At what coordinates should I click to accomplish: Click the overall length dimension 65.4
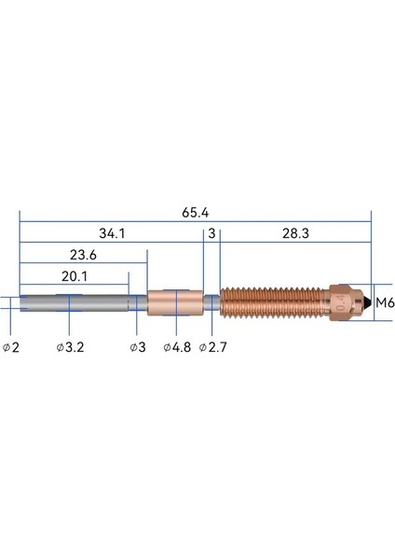click(x=195, y=213)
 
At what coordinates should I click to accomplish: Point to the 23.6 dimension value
click(x=83, y=254)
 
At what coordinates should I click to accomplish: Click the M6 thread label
click(x=385, y=302)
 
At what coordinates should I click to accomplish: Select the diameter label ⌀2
click(x=11, y=347)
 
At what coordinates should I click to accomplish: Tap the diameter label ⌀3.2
click(x=71, y=347)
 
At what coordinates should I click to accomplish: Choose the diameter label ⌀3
click(x=136, y=347)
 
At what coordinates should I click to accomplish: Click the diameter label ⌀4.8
click(x=177, y=347)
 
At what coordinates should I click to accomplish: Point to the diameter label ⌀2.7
click(x=213, y=347)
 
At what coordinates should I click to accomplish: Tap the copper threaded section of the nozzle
click(x=270, y=302)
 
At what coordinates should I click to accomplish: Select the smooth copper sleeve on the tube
click(x=174, y=302)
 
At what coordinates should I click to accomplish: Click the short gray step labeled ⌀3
click(x=138, y=302)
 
